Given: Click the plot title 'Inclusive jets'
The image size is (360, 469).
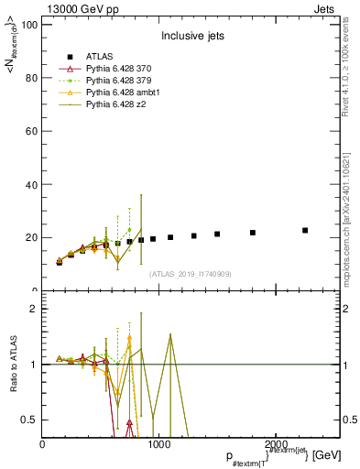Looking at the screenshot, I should click(192, 37).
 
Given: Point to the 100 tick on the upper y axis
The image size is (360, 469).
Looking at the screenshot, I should click(28, 25).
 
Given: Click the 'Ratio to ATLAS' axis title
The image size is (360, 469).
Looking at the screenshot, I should click(12, 365).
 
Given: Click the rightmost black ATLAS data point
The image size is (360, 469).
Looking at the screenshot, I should click(305, 230).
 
